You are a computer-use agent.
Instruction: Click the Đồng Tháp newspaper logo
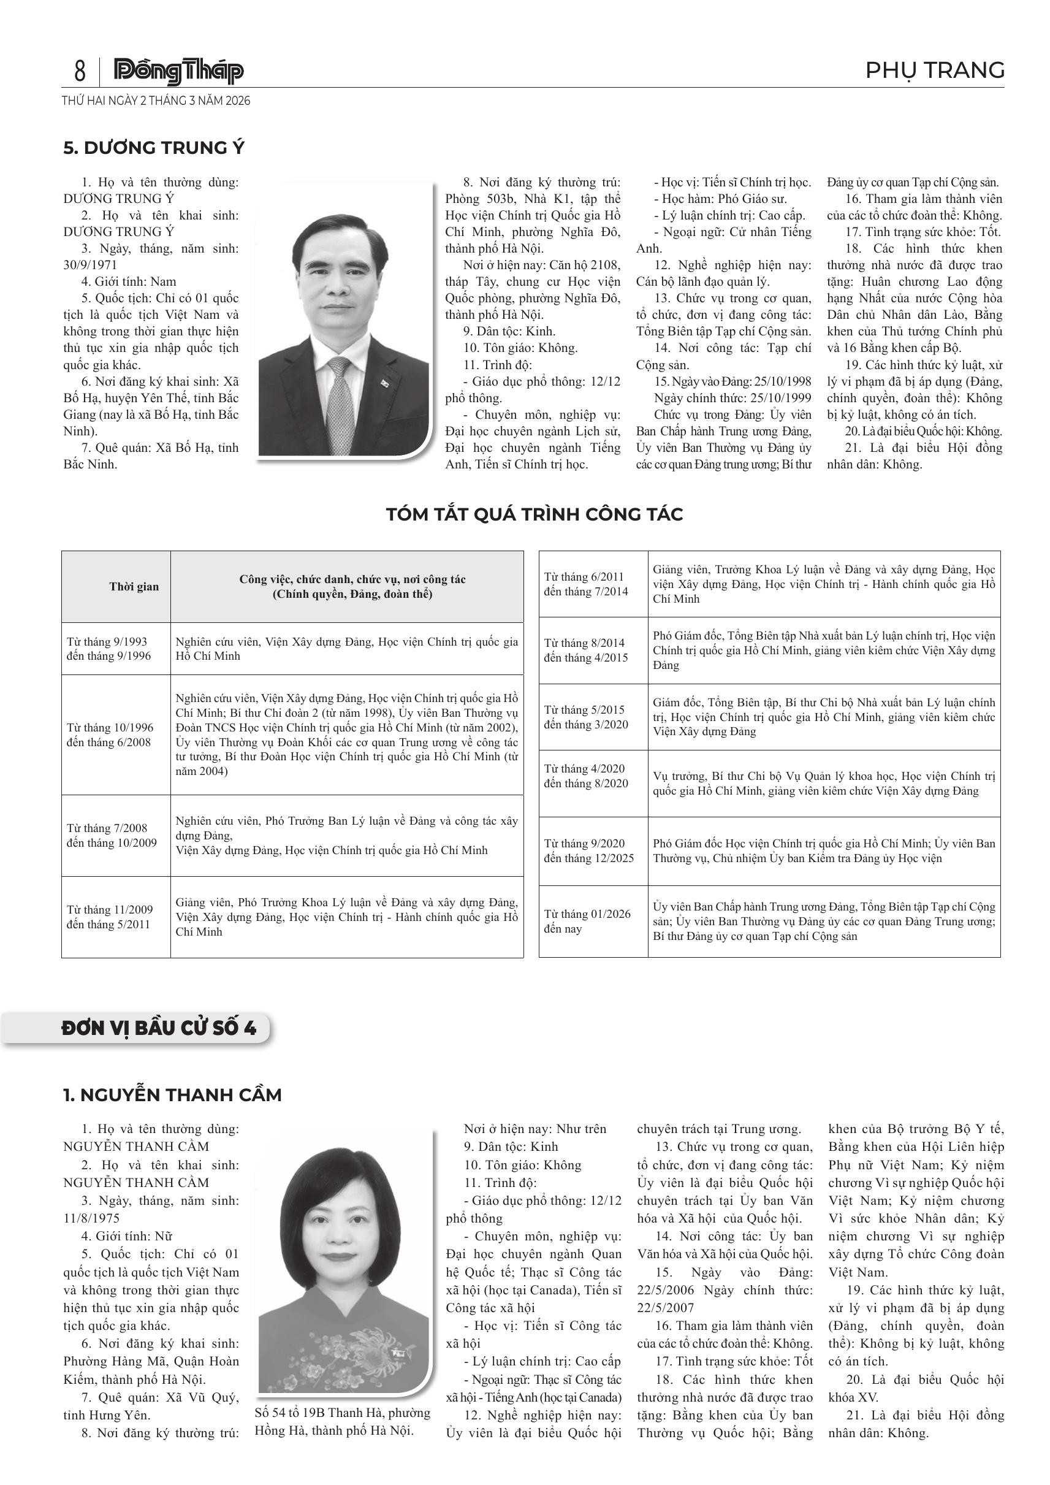click(178, 71)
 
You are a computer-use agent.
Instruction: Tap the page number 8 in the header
click(80, 71)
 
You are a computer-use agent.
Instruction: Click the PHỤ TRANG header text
click(934, 70)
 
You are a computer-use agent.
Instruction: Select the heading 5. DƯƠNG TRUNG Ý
click(154, 148)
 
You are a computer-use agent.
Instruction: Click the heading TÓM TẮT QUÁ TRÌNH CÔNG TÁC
click(534, 514)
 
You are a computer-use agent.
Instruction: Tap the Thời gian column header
click(134, 587)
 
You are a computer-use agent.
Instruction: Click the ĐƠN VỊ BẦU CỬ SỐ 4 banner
click(159, 1028)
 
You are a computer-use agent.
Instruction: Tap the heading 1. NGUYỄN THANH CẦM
click(172, 1095)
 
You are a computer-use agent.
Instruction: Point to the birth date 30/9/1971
click(90, 265)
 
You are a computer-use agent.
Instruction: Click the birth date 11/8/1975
click(91, 1217)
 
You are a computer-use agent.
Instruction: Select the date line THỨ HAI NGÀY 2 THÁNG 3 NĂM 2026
click(156, 101)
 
